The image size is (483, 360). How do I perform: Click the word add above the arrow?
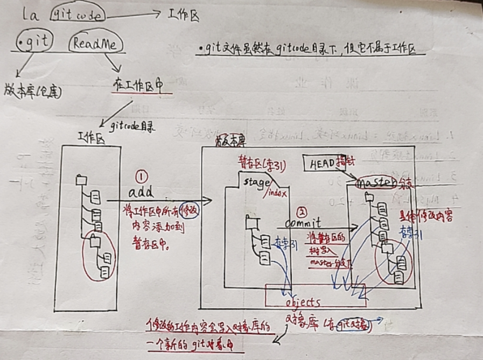coord(141,192)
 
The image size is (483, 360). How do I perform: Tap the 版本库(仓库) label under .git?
coord(32,92)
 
